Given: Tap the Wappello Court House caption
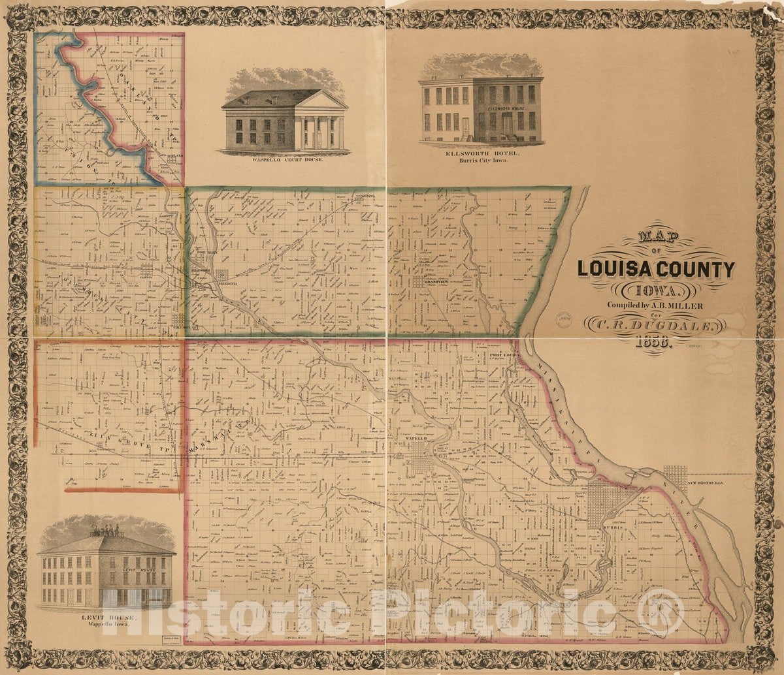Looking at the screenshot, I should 285,159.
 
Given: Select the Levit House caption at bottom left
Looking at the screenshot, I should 105,617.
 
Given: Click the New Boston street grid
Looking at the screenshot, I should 675,478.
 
